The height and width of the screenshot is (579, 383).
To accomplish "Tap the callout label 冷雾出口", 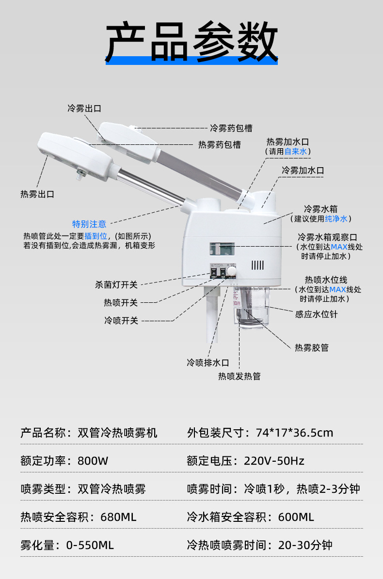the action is pos(84,109).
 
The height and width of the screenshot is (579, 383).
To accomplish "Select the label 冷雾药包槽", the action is pos(231,128).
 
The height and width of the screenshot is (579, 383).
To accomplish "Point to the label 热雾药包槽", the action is pos(220,144).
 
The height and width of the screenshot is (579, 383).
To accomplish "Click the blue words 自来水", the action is pos(296,152).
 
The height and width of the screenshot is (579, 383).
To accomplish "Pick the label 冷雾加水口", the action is pos(303,171).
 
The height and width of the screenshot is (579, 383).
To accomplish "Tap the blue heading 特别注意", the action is pos(89,224).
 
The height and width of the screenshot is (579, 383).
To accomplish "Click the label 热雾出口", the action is pos(37,194).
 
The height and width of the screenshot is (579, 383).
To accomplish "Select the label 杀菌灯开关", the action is pos(116,284).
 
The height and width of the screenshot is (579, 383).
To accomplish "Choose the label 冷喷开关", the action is pos(121,320).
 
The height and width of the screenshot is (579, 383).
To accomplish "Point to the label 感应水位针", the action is pos(316,314).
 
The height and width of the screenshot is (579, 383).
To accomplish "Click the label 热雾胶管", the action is pos(312,347).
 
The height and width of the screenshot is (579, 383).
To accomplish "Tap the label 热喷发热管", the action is pos(239,376).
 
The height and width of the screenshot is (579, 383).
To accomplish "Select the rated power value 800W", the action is pos(93,461).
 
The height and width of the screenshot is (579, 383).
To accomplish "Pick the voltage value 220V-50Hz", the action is pos(274,461).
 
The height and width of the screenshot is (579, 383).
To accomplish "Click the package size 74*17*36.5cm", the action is pos(294,433).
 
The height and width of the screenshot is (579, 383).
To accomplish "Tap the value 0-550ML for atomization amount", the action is pos(90,545).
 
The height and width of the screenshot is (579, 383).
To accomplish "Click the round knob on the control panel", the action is pos(232,270).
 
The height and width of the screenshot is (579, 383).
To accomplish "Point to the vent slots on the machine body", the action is pos(257,265).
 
